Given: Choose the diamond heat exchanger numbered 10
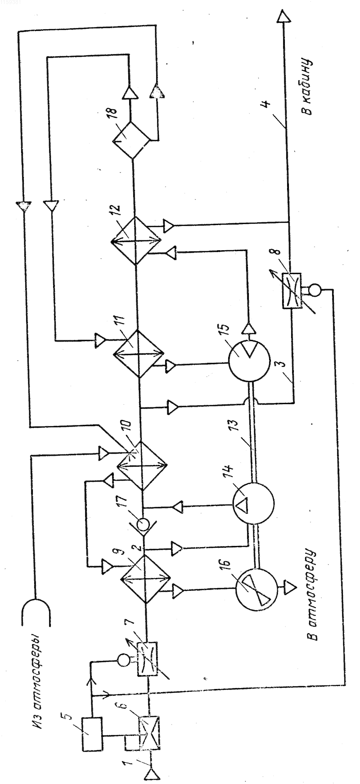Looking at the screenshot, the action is pos(142,466).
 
